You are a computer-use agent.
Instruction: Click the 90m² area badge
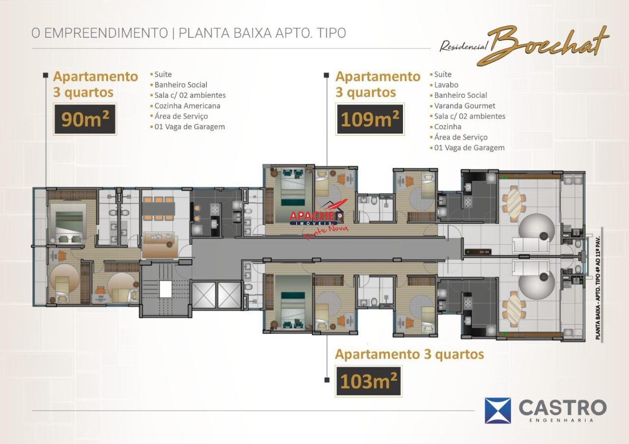(85, 119)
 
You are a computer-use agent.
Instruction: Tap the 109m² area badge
(370, 119)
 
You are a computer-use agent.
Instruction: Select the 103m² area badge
(369, 381)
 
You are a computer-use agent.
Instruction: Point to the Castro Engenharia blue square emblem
(498, 411)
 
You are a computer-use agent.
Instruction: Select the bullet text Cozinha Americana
(187, 106)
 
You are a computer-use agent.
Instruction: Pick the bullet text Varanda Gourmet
(464, 106)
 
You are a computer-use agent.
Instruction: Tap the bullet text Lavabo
(446, 85)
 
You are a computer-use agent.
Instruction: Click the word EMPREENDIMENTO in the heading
(106, 33)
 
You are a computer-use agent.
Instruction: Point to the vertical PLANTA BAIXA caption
(598, 288)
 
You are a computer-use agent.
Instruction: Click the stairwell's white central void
(166, 289)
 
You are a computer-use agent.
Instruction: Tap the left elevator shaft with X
(204, 295)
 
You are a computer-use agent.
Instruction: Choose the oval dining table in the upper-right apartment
(514, 203)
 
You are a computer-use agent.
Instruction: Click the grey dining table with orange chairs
(158, 209)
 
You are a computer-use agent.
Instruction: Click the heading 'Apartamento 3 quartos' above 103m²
(409, 354)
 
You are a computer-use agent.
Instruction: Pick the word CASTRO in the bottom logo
(563, 408)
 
